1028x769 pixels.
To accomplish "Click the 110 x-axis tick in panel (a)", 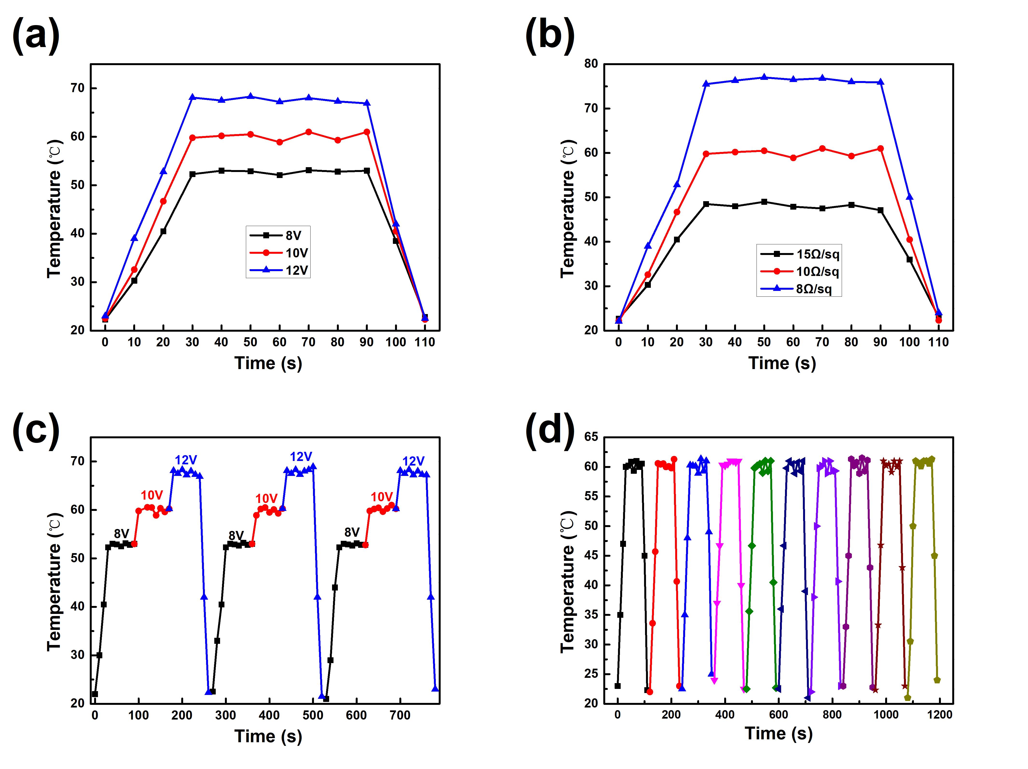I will pyautogui.click(x=424, y=343).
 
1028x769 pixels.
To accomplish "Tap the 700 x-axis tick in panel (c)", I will pyautogui.click(x=400, y=715).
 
